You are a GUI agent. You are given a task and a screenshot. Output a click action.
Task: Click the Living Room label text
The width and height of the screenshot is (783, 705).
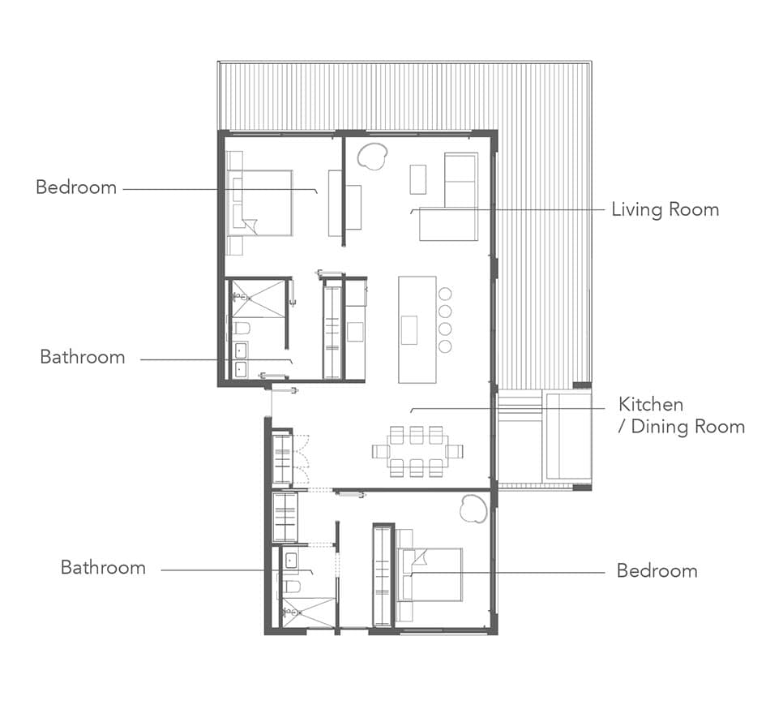(x=665, y=209)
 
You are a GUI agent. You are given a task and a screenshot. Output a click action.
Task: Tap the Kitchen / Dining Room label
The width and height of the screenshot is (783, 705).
(x=681, y=415)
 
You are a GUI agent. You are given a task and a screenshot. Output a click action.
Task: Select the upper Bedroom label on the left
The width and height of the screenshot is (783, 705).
(x=76, y=187)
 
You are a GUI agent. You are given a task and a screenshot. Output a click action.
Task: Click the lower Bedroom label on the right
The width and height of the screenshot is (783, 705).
(x=657, y=570)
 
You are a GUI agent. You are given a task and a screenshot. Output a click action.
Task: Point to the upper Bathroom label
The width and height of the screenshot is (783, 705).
(x=83, y=357)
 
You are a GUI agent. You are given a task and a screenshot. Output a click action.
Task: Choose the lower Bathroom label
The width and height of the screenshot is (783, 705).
(x=103, y=568)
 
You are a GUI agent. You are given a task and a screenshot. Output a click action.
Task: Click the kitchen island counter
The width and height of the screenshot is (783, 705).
(x=417, y=329)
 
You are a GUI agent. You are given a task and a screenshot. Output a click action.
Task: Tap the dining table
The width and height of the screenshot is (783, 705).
(x=417, y=452)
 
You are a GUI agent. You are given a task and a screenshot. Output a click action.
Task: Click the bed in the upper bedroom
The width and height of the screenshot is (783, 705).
(x=259, y=202)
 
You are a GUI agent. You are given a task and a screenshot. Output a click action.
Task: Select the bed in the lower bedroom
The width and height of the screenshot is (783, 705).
(x=430, y=574)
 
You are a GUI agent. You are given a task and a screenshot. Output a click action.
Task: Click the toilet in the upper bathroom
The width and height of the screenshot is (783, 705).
(x=241, y=328)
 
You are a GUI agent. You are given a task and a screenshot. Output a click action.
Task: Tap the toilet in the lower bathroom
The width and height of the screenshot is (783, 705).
(x=290, y=587)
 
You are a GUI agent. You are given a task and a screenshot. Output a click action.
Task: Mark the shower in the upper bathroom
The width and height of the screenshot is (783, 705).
(x=258, y=299)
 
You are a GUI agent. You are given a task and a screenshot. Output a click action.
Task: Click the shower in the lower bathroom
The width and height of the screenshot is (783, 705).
(x=306, y=611)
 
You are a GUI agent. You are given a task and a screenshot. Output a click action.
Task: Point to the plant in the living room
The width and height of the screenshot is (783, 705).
(x=373, y=155)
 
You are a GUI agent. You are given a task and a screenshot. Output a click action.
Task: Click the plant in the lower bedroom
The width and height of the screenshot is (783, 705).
(x=473, y=508)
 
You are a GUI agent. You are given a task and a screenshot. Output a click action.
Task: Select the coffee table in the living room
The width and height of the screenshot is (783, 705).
(x=418, y=179)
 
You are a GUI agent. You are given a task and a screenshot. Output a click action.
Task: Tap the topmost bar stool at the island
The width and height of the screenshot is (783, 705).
(x=445, y=294)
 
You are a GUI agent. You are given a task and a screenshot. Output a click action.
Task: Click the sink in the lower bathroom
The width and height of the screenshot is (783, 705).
(x=291, y=560)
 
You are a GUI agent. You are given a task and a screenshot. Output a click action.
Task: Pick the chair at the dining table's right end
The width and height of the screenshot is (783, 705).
(x=455, y=452)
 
